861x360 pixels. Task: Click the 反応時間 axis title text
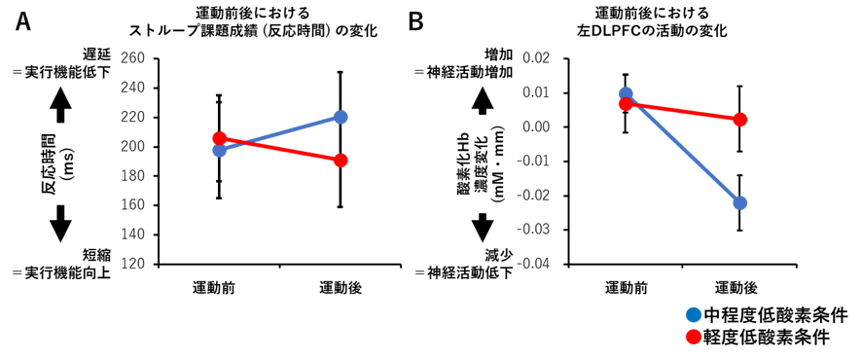(49, 163)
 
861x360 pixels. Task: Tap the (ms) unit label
(68, 163)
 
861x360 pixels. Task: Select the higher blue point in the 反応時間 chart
(341, 117)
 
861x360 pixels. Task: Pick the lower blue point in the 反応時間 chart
(220, 150)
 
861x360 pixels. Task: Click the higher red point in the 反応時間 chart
(220, 138)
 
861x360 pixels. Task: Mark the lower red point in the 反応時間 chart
(341, 160)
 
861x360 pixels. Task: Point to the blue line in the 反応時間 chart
(292, 130)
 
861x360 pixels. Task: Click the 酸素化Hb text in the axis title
(464, 163)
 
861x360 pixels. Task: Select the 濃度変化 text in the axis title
(482, 163)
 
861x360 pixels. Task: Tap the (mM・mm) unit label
(499, 163)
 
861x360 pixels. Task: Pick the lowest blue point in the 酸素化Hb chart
(740, 202)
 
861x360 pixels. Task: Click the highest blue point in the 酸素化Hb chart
(626, 94)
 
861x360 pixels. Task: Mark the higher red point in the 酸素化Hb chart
(626, 103)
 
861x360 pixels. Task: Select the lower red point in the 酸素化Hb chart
(740, 119)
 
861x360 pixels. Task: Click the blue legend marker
(694, 314)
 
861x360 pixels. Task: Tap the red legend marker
(694, 337)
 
